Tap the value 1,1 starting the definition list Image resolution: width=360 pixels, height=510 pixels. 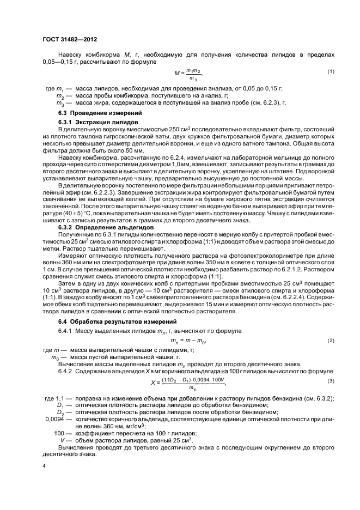coord(58,398)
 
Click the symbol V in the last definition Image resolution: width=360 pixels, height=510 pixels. coord(63,440)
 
